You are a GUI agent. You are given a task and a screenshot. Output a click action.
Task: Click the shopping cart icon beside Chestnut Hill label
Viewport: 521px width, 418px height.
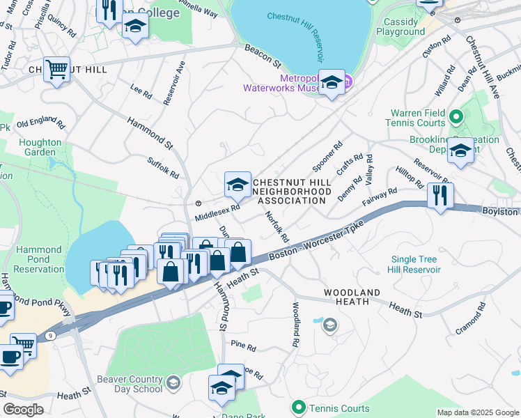coord(57,69)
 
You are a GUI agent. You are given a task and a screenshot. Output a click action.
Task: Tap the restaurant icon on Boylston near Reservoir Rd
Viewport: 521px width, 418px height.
coord(440,195)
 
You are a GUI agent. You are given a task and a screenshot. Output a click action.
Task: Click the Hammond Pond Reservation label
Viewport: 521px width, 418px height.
coord(40,259)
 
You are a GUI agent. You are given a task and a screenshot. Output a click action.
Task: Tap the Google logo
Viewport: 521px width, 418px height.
coord(24,409)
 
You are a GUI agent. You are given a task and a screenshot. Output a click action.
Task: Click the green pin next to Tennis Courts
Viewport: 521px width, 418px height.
coord(299,406)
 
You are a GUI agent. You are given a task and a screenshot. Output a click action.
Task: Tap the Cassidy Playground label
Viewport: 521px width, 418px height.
coord(401,26)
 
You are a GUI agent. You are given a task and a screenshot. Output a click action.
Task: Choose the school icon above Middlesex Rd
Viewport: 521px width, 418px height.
coord(238,185)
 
